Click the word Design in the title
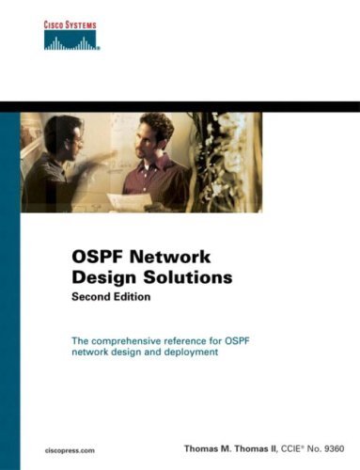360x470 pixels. click(x=102, y=279)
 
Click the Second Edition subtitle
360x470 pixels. click(x=113, y=297)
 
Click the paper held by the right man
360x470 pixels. click(x=137, y=198)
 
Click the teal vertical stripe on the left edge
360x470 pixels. click(x=10, y=282)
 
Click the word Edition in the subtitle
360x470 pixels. click(x=133, y=297)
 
